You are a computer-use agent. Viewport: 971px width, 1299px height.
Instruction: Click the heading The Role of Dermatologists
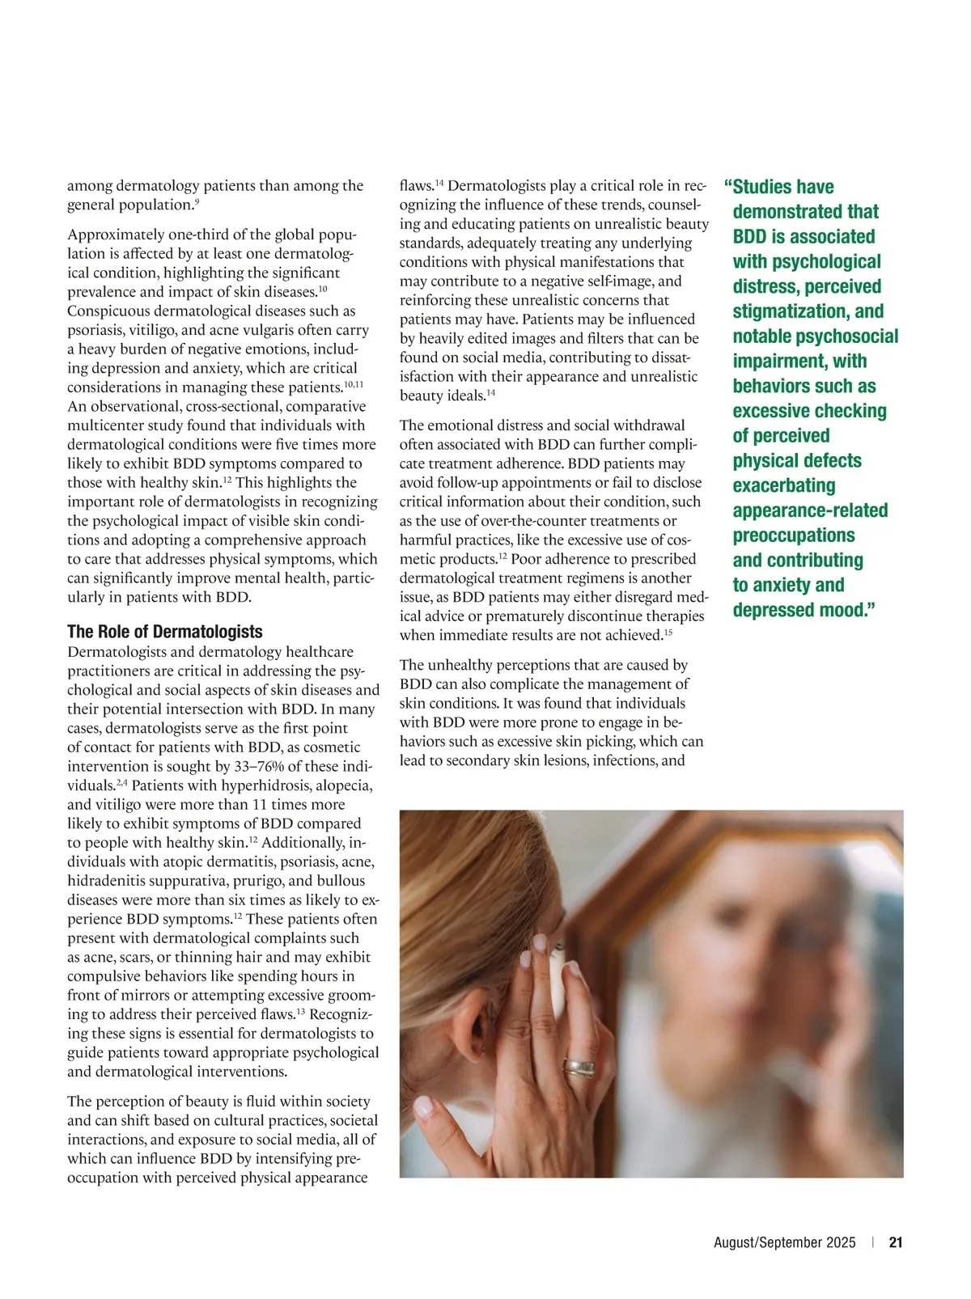pos(164,632)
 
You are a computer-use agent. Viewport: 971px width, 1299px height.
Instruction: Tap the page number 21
pos(895,1242)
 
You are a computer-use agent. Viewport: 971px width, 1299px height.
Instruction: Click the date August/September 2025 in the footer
pos(784,1242)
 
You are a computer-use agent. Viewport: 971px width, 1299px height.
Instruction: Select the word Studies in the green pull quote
pos(782,187)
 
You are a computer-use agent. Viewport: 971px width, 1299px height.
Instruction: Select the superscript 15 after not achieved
pos(668,632)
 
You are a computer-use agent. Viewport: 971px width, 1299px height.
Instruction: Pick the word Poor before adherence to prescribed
pos(527,559)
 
